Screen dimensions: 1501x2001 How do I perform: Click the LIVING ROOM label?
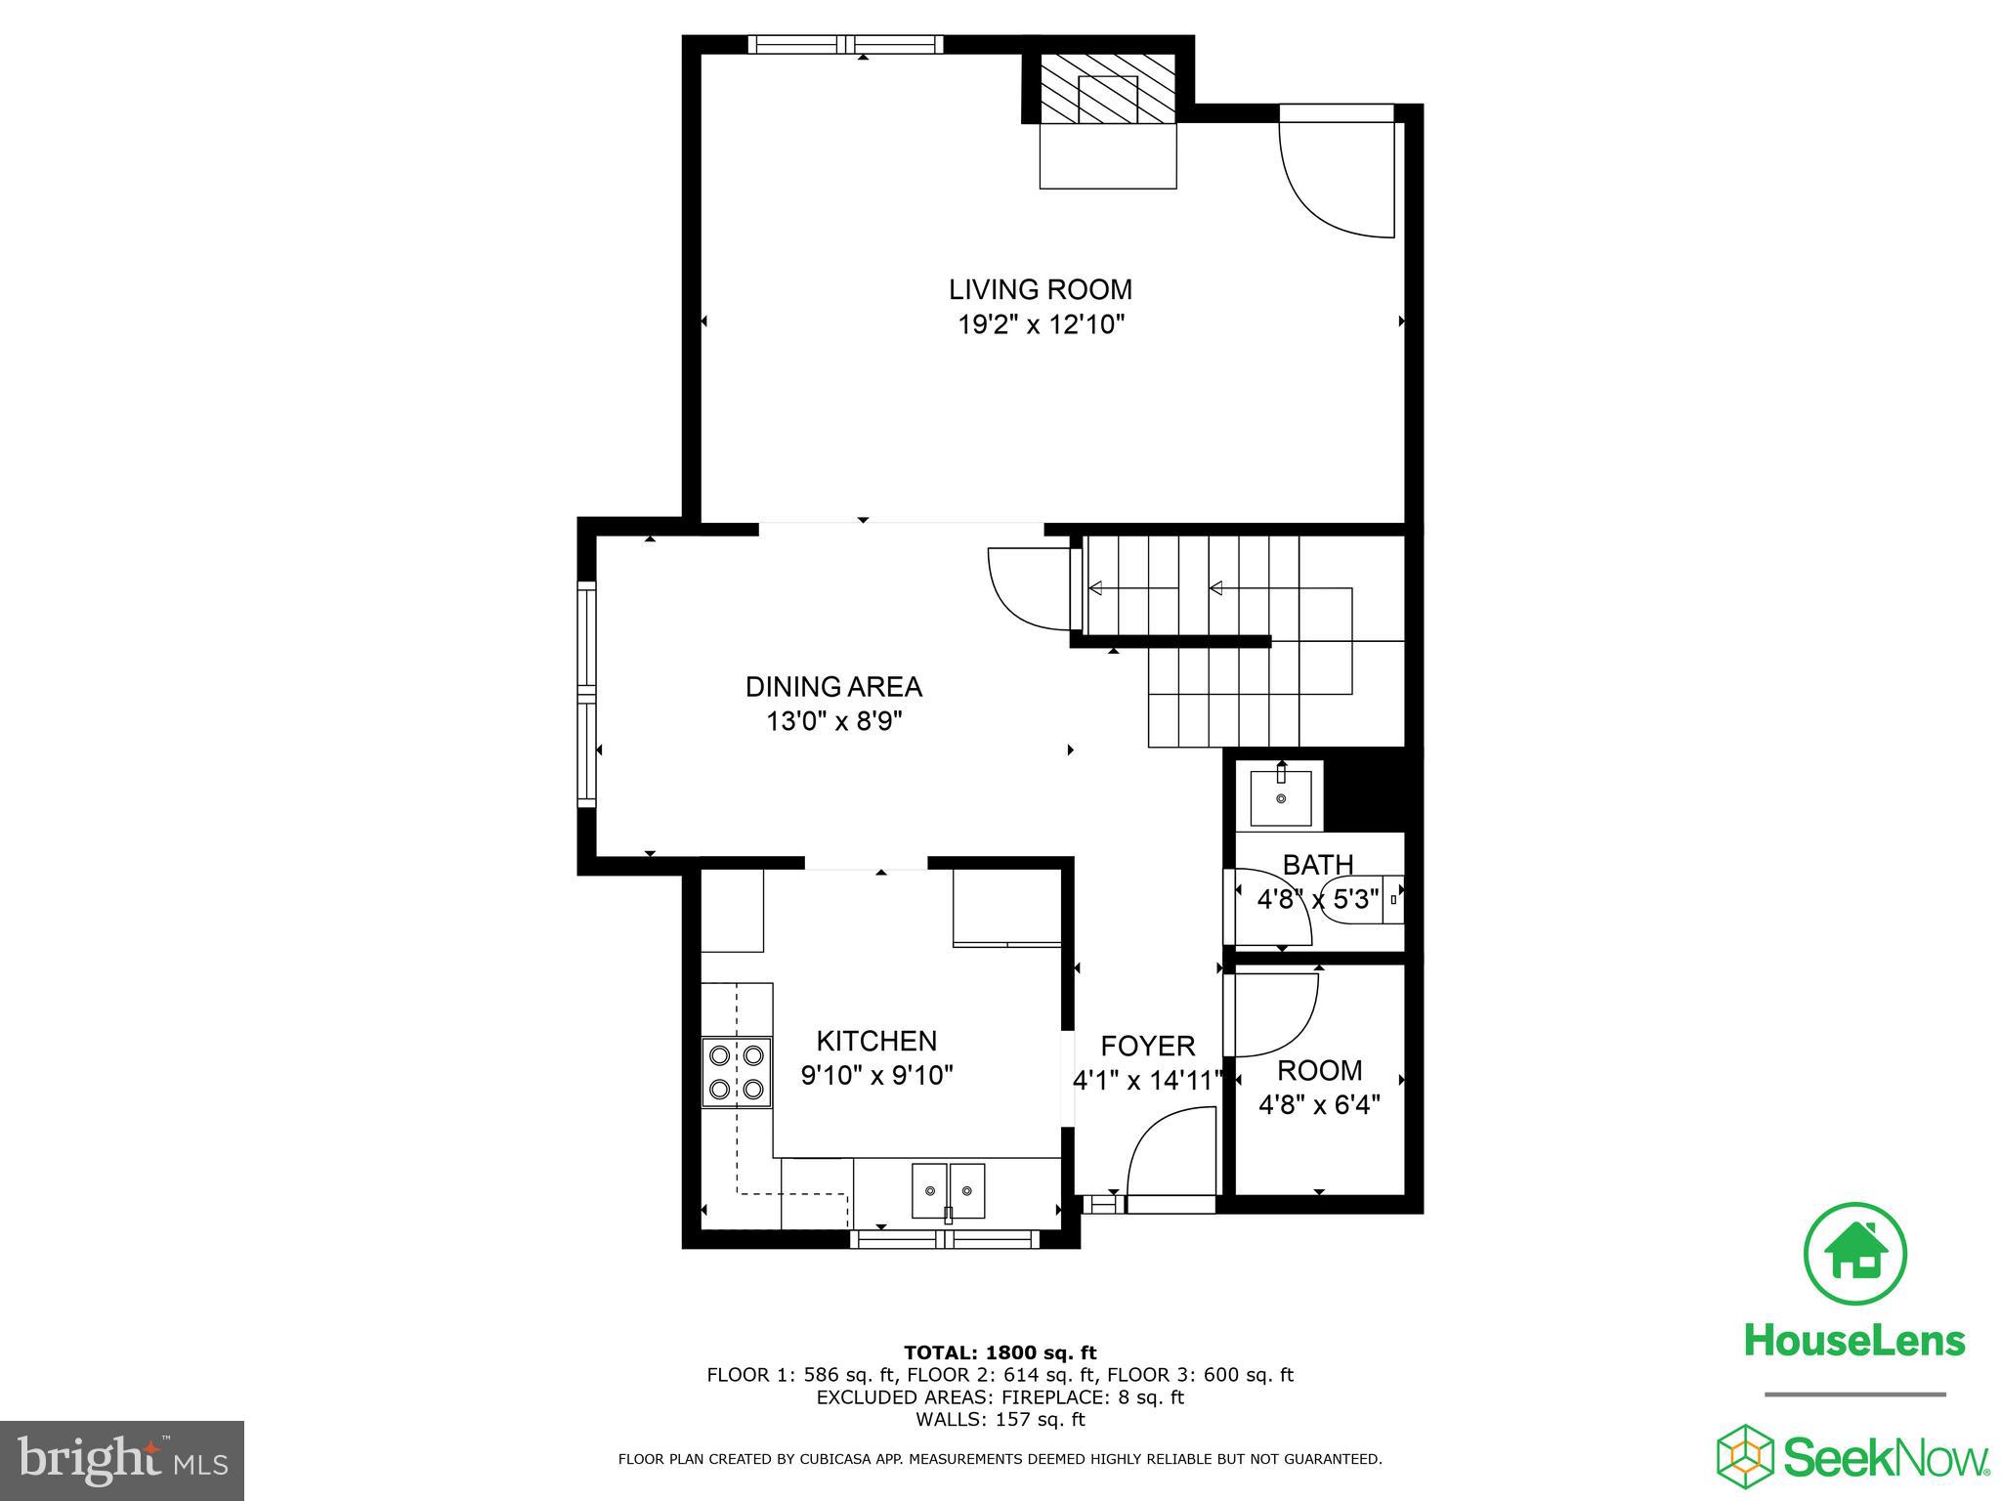pos(1040,289)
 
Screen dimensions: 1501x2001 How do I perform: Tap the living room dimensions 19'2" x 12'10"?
pos(1040,324)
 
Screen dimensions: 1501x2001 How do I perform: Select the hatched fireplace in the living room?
pos(1108,89)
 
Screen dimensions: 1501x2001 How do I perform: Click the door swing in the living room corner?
pos(1335,180)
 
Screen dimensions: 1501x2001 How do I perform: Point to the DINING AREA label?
pos(833,687)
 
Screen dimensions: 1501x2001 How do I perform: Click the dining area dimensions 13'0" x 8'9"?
pos(833,722)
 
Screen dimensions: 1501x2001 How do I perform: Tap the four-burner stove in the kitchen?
pos(737,1071)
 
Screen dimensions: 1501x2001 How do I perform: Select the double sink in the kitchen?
pos(948,1190)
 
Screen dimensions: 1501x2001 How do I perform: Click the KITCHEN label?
pos(876,1041)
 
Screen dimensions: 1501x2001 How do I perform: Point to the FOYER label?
pos(1147,1047)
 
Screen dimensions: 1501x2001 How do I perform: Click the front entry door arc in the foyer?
pos(1171,1153)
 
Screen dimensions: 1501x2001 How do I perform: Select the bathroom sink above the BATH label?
pos(1280,793)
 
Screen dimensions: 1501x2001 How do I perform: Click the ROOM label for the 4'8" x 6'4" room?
pos(1319,1071)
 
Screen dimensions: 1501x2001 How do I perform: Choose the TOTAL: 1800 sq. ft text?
pos(1000,1352)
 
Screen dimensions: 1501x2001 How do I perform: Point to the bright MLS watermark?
pos(122,1460)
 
